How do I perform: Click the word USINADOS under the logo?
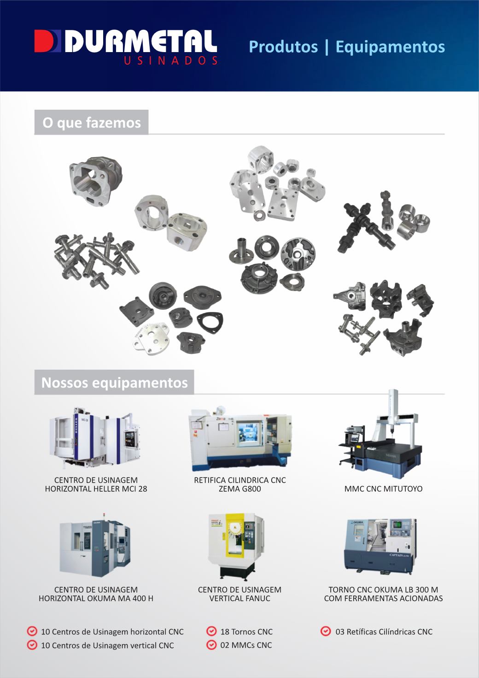170,60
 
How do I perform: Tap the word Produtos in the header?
283,47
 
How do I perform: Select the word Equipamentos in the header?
390,47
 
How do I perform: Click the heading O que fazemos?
92,123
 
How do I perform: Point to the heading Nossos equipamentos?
114,383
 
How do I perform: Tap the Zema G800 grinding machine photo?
240,439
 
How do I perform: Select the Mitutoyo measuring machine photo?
380,433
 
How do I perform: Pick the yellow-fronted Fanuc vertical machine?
236,547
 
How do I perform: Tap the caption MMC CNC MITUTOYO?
383,489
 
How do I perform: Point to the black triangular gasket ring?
210,322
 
